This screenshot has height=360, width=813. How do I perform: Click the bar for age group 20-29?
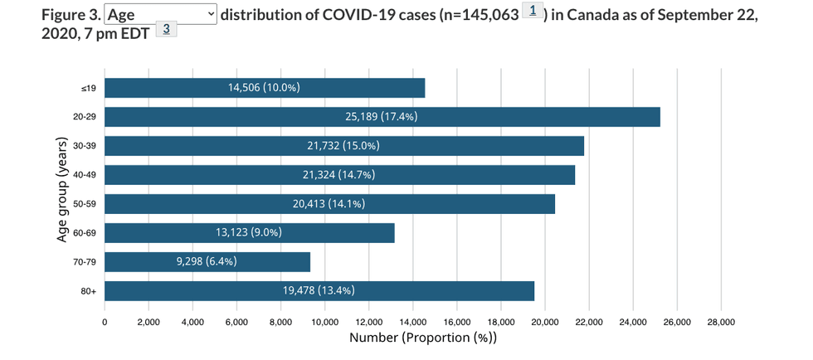[382, 117]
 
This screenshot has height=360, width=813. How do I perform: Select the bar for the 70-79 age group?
[207, 262]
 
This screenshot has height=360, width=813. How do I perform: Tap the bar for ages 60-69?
[249, 233]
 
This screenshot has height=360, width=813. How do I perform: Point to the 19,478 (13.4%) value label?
[319, 290]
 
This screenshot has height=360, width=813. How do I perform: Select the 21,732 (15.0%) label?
[343, 146]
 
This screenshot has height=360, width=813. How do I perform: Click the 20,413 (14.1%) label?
[329, 204]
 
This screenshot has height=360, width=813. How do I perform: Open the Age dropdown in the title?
[161, 14]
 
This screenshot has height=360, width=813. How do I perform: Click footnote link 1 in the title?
[533, 12]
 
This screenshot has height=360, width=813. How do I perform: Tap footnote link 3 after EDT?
[166, 30]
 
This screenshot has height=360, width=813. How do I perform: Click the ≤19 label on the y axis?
[90, 88]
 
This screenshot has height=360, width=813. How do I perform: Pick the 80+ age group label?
[89, 291]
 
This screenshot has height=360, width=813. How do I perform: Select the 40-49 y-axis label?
[85, 175]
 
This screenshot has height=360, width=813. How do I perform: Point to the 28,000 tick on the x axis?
[721, 322]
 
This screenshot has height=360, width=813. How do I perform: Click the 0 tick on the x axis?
[105, 322]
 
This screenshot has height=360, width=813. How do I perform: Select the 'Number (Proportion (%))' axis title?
[423, 338]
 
